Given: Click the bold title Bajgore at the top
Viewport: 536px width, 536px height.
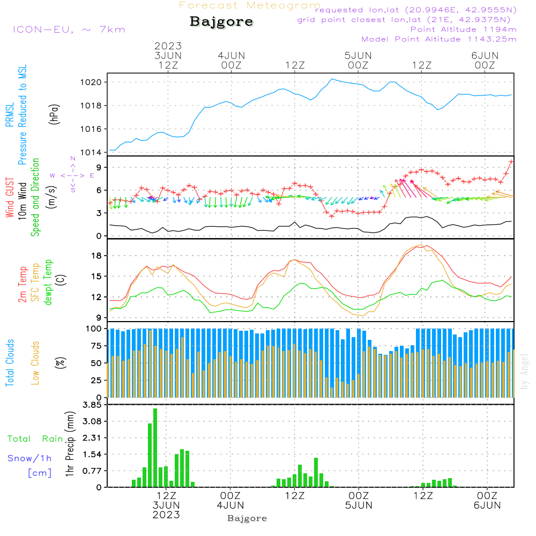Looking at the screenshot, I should [x=221, y=22].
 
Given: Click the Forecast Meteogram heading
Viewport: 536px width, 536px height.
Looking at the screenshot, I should [x=250, y=5].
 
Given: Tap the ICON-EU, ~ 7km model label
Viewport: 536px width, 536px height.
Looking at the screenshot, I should [x=69, y=29].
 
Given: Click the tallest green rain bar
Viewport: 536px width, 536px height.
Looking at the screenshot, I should [x=155, y=448].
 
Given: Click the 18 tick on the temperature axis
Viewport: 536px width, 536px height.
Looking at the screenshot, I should [x=96, y=256].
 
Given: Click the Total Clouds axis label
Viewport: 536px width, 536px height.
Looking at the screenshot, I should [x=10, y=363].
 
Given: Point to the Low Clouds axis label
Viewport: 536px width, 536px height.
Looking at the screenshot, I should [x=36, y=354].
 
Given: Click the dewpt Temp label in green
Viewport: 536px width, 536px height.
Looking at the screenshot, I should [x=48, y=282].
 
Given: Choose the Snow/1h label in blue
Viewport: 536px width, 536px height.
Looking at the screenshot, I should [x=30, y=458].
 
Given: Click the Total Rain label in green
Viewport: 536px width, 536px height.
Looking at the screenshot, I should [x=35, y=439].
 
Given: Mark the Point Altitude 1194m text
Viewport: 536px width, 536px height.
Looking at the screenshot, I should [x=463, y=29].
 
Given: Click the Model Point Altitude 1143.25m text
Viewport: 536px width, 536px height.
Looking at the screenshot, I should [x=439, y=39].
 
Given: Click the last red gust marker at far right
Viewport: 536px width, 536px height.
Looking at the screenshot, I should [x=511, y=161].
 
